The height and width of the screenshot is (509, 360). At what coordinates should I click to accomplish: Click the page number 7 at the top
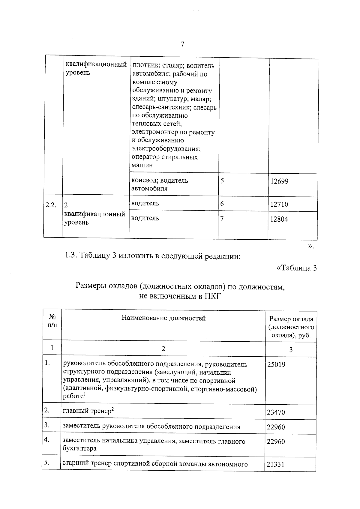[x=182, y=45]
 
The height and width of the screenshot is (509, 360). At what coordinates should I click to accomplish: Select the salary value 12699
[x=279, y=181]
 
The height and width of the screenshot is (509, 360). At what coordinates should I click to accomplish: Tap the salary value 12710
[x=279, y=205]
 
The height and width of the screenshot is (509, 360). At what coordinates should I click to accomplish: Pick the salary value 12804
[x=279, y=219]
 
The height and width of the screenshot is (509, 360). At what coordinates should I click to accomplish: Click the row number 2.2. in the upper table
[x=51, y=205]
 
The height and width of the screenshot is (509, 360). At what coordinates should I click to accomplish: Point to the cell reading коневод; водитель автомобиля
[x=160, y=184]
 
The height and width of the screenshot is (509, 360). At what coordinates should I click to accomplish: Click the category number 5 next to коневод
[x=222, y=181]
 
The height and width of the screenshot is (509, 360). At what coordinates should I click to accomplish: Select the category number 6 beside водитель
[x=222, y=204]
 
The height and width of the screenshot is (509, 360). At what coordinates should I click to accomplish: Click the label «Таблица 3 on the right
[x=296, y=268]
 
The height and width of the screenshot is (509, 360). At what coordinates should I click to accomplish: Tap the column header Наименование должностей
[x=163, y=318]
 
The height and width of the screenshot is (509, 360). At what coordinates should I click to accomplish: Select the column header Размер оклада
[x=291, y=319]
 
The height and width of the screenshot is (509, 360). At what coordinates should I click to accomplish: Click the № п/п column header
[x=52, y=321]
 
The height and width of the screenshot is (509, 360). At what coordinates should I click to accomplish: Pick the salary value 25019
[x=276, y=365]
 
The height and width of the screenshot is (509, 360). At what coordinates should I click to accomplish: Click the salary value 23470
[x=276, y=412]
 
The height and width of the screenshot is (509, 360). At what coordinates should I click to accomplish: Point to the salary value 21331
[x=275, y=465]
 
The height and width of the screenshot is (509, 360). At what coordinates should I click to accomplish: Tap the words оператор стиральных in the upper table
[x=164, y=157]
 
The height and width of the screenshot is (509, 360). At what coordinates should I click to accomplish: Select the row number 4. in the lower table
[x=46, y=440]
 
